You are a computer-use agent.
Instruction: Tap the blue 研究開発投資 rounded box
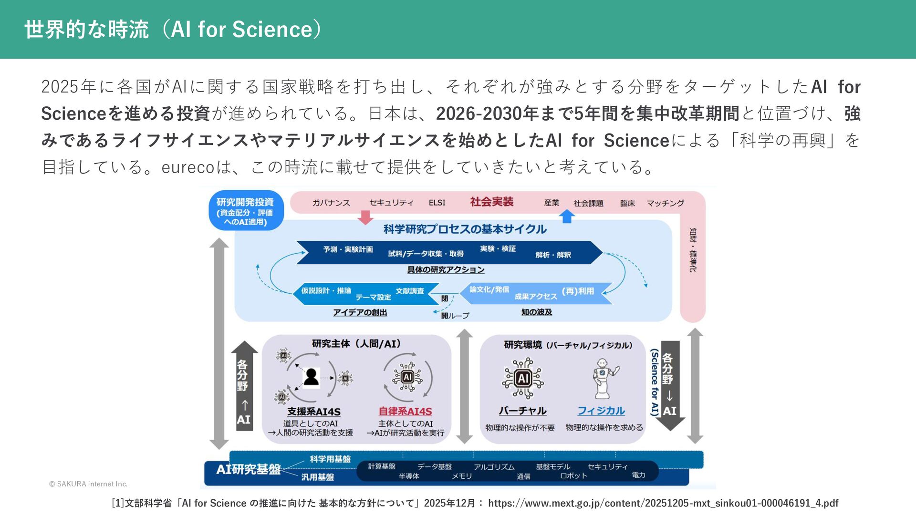(x=246, y=211)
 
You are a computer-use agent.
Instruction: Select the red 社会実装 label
(x=491, y=202)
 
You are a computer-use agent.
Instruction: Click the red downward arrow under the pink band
(x=365, y=217)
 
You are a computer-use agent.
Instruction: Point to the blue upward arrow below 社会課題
(x=567, y=216)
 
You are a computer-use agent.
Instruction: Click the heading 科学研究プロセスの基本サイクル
(x=465, y=229)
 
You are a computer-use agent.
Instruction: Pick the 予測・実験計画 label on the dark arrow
(x=348, y=249)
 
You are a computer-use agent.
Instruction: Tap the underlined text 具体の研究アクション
(x=446, y=270)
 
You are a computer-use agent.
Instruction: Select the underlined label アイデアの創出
(x=360, y=312)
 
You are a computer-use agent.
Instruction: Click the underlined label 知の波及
(x=536, y=312)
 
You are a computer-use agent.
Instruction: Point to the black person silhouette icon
(x=311, y=377)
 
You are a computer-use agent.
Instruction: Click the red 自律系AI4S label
(x=405, y=411)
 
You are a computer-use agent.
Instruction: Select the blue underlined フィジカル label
(x=601, y=411)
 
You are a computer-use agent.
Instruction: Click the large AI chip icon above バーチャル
(x=523, y=379)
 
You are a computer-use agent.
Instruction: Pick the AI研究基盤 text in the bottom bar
(x=248, y=469)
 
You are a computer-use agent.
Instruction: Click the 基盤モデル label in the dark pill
(x=552, y=466)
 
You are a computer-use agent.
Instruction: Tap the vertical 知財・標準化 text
(x=692, y=250)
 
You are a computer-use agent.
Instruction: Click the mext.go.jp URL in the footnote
(x=663, y=503)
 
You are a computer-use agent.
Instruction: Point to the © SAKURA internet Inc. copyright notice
(x=88, y=484)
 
